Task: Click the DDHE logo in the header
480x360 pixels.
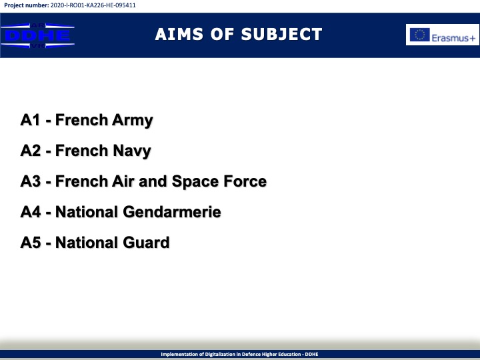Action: pos(37,35)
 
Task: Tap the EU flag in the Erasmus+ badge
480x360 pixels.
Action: pos(420,35)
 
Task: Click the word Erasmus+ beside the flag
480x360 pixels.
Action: pos(453,38)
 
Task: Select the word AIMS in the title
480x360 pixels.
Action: pos(179,34)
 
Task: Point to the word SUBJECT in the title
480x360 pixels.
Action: pos(281,34)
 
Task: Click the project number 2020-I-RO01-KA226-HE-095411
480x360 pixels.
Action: pos(93,5)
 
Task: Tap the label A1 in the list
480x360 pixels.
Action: pos(30,120)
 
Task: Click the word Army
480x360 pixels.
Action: pos(132,121)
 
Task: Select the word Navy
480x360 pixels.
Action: pos(132,151)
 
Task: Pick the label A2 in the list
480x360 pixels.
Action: pos(30,150)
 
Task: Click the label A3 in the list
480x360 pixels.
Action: pos(30,181)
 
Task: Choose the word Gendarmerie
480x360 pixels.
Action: pos(172,211)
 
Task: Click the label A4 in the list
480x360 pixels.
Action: pos(30,211)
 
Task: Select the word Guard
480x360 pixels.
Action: pos(146,242)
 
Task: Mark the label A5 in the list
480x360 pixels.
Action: pos(30,242)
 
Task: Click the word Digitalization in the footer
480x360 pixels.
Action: pos(220,354)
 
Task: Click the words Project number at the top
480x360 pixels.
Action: pos(26,5)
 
